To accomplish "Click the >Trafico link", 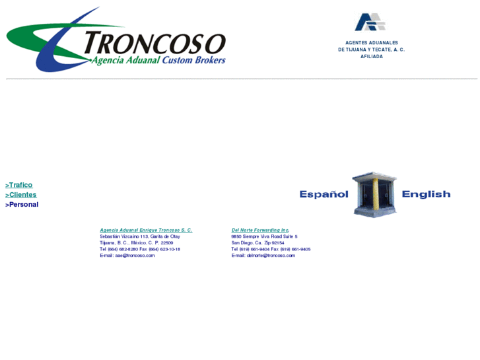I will pyautogui.click(x=19, y=185).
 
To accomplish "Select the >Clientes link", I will pyautogui.click(x=21, y=195).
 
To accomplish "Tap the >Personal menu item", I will pyautogui.click(x=22, y=205).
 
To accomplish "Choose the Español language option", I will pyautogui.click(x=324, y=194).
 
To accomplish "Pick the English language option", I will pyautogui.click(x=426, y=194).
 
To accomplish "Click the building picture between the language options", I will pyautogui.click(x=374, y=194).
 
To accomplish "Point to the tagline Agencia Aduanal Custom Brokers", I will pyautogui.click(x=158, y=60).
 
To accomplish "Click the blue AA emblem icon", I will pyautogui.click(x=370, y=22).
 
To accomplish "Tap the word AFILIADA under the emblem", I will pyautogui.click(x=371, y=57).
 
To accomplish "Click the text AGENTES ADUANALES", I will pyautogui.click(x=371, y=43).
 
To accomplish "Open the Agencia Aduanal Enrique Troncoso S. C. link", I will pyautogui.click(x=146, y=230).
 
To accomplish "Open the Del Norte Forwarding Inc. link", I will pyautogui.click(x=260, y=230).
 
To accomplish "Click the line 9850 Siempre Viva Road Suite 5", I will pyautogui.click(x=264, y=236).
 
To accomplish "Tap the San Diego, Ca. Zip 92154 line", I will pyautogui.click(x=257, y=243).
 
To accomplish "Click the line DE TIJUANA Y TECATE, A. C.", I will pyautogui.click(x=371, y=50).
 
